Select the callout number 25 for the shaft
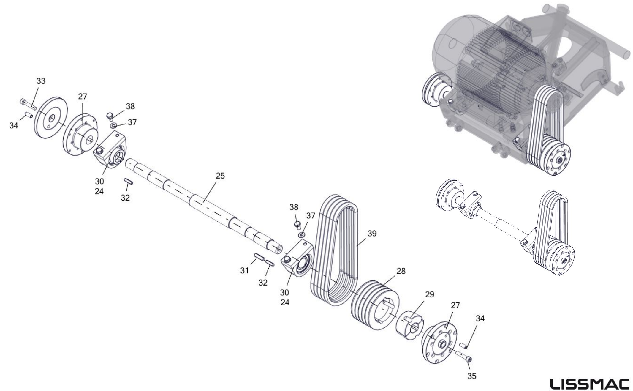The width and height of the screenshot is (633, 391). click(220, 176)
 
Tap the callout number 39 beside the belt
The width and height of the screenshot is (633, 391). click(372, 234)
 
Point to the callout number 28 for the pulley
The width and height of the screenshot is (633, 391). click(401, 271)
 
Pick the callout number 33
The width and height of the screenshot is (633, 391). click(41, 81)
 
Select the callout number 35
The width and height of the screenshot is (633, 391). click(472, 376)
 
